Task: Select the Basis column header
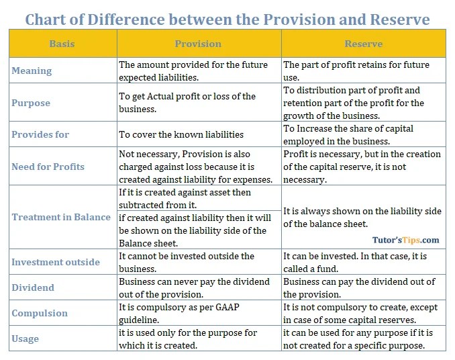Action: [62, 44]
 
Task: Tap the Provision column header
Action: [198, 44]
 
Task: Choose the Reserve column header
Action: [364, 44]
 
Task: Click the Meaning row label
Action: [32, 71]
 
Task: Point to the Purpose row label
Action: [31, 103]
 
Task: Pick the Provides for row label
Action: [40, 134]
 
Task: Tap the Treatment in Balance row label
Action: [61, 217]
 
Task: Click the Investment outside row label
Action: [56, 262]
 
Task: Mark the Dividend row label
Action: [33, 287]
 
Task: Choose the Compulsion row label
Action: [40, 313]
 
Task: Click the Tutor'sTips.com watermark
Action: [406, 239]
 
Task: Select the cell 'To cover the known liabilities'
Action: [181, 135]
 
